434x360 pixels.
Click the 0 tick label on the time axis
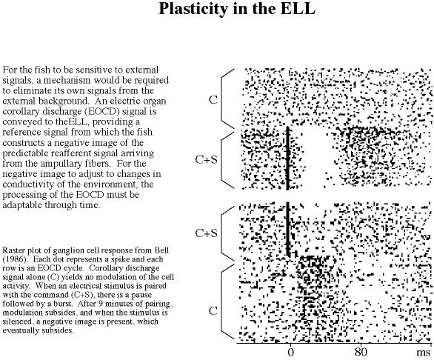point(290,352)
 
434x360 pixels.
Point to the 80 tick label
point(361,352)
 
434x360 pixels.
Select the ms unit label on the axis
point(424,353)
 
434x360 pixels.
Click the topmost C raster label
point(213,100)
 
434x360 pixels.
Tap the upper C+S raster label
point(206,159)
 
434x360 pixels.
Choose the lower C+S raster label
point(206,233)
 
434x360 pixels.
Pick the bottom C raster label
point(213,311)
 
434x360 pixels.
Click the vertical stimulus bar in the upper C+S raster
point(288,158)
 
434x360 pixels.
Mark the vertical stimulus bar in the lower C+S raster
point(288,230)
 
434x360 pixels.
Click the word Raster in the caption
point(13,250)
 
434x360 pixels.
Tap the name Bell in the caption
point(161,250)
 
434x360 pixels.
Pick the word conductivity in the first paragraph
point(28,184)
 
